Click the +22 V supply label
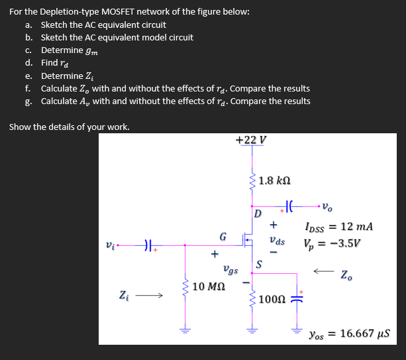click(251, 139)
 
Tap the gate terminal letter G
click(223, 236)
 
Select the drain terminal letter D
click(258, 213)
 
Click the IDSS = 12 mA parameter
click(340, 227)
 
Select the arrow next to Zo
click(324, 271)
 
